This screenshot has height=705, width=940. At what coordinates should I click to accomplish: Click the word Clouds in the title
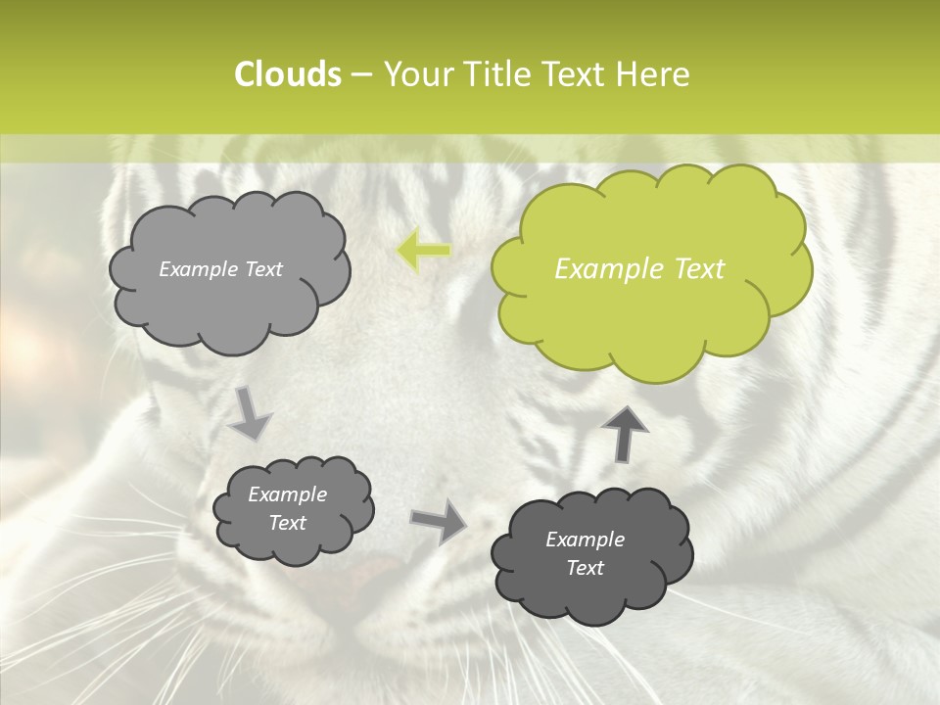tap(287, 74)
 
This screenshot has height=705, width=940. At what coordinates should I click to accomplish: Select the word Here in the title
tap(653, 74)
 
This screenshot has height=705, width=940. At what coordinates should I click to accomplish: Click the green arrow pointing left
tap(424, 251)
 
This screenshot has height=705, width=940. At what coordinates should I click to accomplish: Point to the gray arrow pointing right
tap(438, 521)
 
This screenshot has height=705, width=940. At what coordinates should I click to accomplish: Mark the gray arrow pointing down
tap(250, 413)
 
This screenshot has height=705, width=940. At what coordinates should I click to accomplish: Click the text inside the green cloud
tap(639, 269)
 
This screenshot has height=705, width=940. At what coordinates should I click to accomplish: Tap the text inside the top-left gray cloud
tap(220, 269)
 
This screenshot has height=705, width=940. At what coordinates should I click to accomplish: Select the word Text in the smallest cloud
tap(288, 523)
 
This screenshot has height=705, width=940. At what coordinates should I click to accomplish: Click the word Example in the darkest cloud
tap(585, 540)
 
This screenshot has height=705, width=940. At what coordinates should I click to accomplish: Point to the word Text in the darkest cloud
tap(585, 568)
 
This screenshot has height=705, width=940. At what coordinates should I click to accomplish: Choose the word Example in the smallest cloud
tap(288, 494)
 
